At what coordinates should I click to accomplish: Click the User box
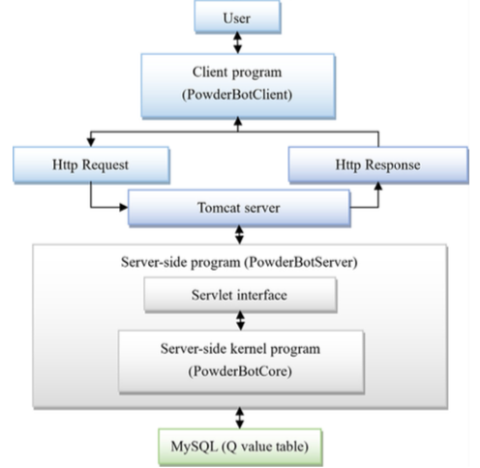237,16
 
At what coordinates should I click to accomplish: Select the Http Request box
91,165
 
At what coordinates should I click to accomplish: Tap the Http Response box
378,165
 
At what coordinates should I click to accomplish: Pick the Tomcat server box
239,208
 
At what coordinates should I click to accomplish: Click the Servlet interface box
240,295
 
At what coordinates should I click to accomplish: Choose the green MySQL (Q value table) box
240,447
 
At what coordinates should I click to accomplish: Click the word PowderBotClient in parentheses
237,95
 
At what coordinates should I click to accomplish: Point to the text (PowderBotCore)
240,371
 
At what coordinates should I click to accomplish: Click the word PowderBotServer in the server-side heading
301,262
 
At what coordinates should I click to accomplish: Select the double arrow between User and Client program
238,43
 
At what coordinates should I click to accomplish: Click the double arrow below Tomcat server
239,235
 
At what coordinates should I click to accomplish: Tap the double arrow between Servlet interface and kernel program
241,320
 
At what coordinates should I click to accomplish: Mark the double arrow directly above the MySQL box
240,418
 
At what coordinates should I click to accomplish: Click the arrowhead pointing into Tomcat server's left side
124,207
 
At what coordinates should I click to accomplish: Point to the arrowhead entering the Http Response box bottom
378,187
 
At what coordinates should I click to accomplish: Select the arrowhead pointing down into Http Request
91,142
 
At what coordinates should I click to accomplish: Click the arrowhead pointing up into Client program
238,121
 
